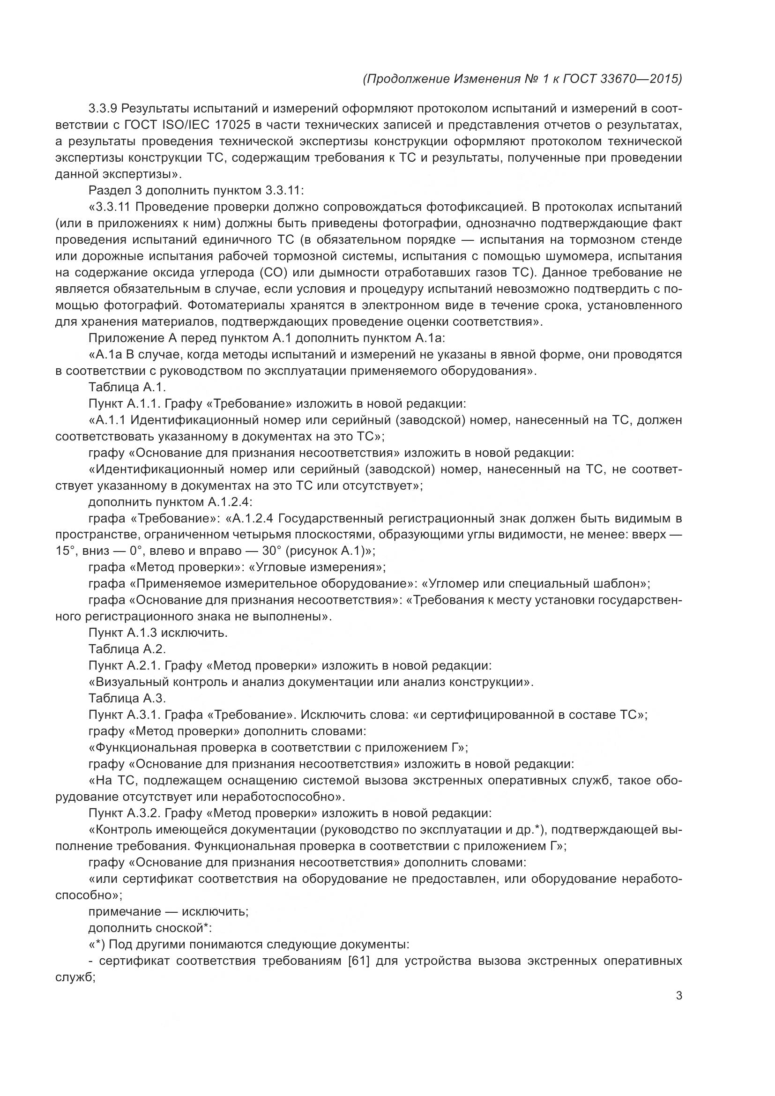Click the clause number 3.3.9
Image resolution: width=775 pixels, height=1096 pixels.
pos(103,109)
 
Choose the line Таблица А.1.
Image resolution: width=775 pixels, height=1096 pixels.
pos(127,387)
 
